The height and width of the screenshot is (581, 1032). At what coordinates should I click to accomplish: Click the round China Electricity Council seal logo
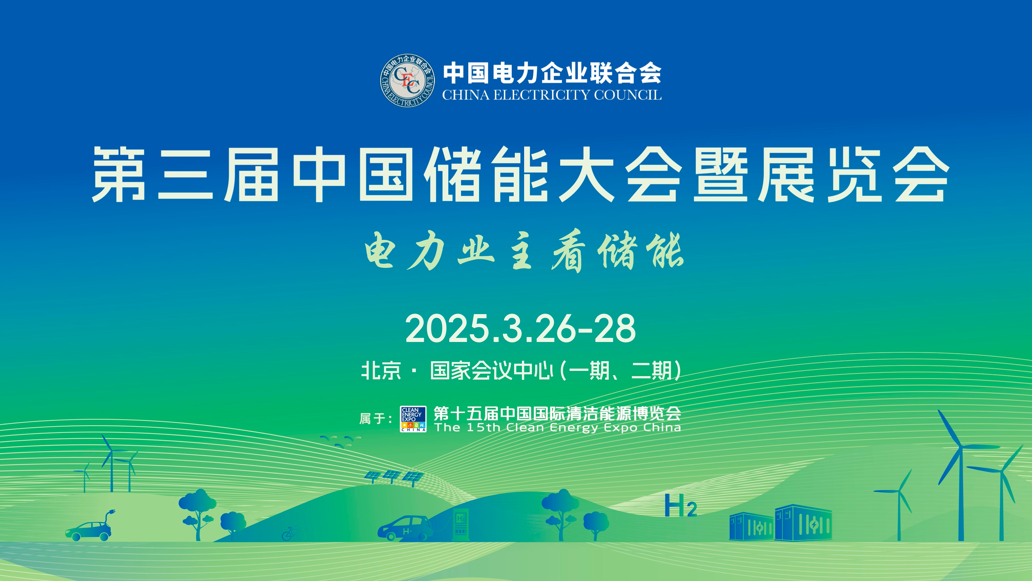(407, 81)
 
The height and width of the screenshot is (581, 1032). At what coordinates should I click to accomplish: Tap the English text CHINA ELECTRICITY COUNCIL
(551, 95)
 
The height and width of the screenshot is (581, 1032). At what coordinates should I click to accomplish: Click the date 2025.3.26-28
(520, 328)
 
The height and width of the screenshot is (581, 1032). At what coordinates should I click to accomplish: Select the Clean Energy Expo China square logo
(413, 419)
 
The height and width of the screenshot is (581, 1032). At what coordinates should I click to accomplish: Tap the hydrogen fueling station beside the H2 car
(460, 523)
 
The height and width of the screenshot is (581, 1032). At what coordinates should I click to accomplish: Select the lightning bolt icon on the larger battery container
(815, 525)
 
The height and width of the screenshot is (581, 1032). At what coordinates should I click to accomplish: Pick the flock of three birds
(341, 441)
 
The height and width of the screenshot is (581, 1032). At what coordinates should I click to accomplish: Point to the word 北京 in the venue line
(381, 370)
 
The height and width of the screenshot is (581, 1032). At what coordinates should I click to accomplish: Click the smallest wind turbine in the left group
(84, 477)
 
